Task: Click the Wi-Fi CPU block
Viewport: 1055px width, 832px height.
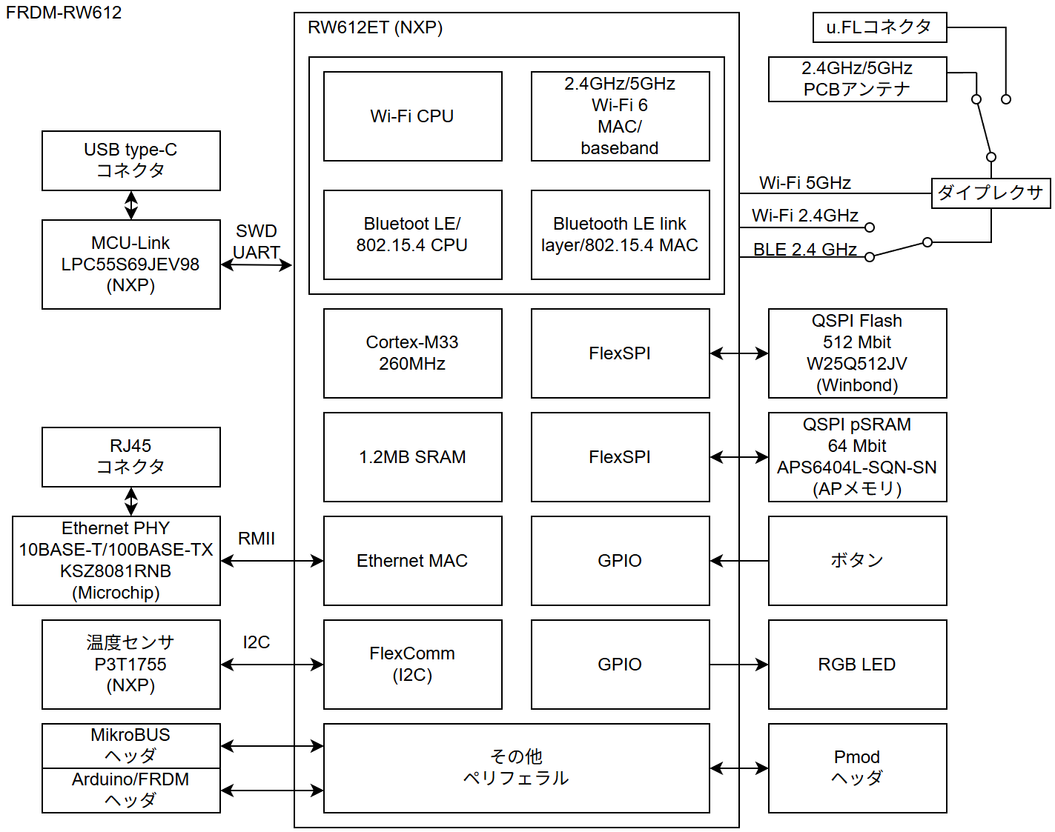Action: [412, 116]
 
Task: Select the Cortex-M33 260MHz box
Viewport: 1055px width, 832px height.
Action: [412, 353]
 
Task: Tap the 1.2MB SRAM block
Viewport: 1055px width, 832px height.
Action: [412, 457]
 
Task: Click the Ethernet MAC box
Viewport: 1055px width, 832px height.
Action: [412, 561]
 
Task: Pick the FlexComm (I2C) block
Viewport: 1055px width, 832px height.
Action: [412, 665]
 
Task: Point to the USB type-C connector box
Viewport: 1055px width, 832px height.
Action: [130, 161]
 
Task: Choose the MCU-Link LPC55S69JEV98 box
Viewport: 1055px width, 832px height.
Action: [130, 264]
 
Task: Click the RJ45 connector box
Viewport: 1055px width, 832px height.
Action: [130, 457]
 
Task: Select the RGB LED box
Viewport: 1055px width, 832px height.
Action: [857, 665]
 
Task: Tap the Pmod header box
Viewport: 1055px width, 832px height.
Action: [857, 768]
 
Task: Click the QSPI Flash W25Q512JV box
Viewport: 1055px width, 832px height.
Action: [857, 353]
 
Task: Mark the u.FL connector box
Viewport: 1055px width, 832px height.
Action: [879, 27]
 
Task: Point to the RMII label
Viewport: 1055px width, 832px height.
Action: [257, 539]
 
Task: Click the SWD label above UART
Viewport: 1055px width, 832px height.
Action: [257, 231]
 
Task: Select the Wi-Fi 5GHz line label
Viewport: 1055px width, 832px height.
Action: [805, 183]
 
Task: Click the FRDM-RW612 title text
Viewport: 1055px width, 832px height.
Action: [64, 13]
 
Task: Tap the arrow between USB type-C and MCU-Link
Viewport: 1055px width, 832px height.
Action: [131, 205]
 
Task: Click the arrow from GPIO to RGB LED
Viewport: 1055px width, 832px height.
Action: [738, 665]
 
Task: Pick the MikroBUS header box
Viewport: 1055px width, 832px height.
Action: [130, 745]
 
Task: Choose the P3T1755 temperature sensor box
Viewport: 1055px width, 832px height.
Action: [130, 665]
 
